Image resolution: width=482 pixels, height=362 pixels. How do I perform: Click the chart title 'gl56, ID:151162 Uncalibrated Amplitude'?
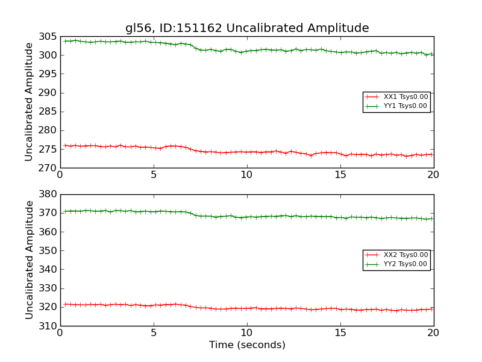tap(247, 28)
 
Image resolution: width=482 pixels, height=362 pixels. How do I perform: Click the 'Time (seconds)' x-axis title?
tap(247, 345)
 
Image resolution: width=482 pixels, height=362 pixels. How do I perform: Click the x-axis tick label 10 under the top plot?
tap(247, 175)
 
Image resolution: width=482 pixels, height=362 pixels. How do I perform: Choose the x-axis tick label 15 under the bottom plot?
tap(340, 333)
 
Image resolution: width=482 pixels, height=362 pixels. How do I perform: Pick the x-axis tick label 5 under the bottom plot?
tap(154, 333)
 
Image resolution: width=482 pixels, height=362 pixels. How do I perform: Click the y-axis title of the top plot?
tap(29, 101)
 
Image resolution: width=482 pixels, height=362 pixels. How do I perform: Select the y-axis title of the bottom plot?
tap(29, 259)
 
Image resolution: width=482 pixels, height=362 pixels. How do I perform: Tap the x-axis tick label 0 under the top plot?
tap(60, 175)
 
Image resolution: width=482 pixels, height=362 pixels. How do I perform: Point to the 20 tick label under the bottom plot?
tap(433, 333)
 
